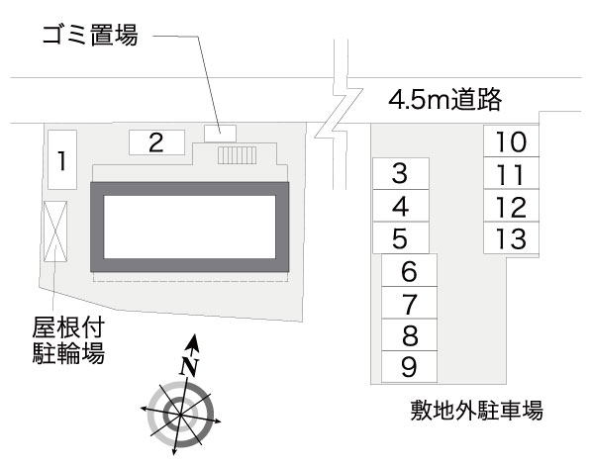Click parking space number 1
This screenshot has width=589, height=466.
coord(62,158)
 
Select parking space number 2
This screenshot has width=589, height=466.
coord(155,142)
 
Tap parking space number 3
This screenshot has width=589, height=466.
coord(400,174)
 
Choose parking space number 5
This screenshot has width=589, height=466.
coord(400,237)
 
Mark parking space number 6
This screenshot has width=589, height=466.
coord(410,270)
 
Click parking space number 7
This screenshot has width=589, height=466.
coord(410,302)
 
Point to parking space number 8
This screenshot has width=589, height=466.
coord(410,334)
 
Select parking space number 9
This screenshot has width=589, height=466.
coord(410,367)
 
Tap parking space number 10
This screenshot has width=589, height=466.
coord(510,141)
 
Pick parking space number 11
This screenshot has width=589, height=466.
coord(510,174)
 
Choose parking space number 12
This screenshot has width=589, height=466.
coord(510,206)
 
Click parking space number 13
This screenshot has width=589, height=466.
coord(510,237)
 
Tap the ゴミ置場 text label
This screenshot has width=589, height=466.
coord(86,37)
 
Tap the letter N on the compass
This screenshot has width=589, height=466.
coord(188,365)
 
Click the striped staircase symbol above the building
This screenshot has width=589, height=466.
coord(237,155)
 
